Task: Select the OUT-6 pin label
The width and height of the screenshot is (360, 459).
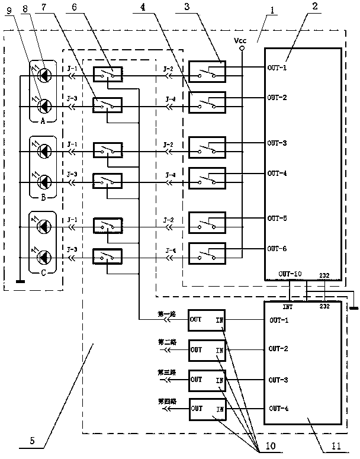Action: pos(277,248)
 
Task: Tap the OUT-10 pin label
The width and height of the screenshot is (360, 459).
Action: pos(290,274)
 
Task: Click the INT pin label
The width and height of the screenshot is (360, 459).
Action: pos(288,307)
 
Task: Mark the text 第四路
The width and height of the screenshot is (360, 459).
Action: pos(166,401)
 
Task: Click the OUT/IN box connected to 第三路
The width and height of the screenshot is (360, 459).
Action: pos(207,380)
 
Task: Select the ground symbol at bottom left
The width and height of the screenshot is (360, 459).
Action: pos(20,282)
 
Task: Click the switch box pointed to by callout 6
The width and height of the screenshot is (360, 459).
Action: pos(109,74)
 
